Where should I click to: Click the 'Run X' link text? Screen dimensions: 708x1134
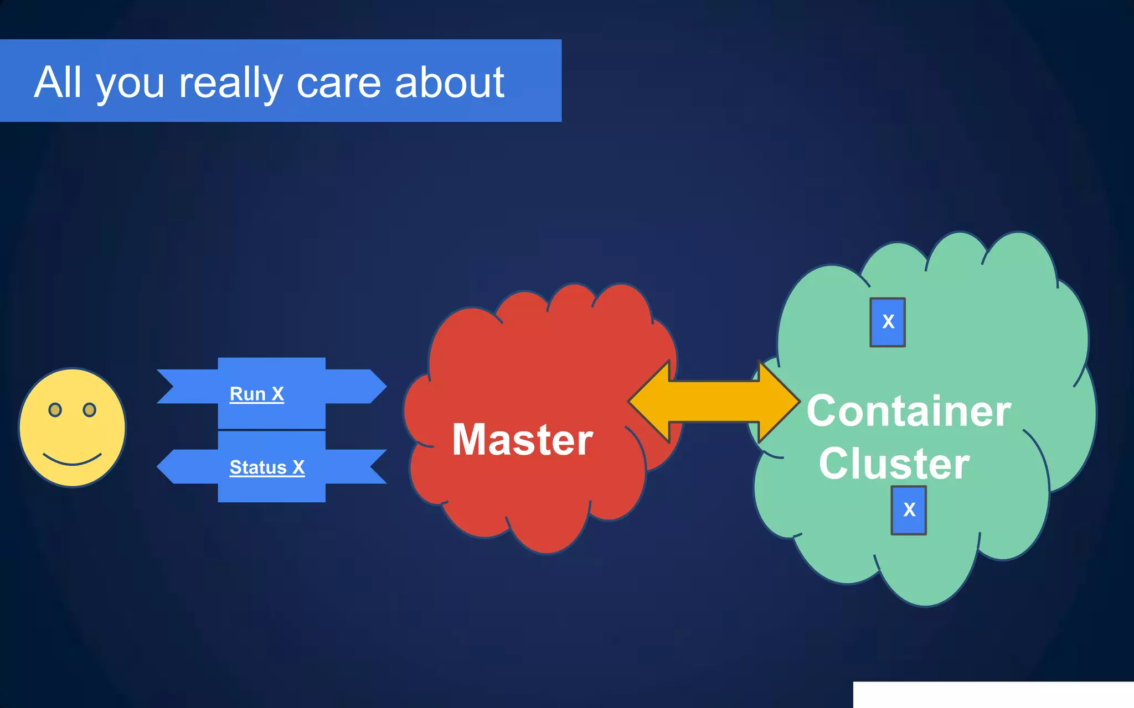point(257,394)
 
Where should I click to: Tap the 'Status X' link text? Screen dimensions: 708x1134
point(267,467)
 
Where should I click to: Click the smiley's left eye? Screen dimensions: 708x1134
point(55,410)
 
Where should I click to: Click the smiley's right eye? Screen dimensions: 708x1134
point(89,410)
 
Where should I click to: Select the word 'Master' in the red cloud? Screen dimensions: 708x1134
point(522,440)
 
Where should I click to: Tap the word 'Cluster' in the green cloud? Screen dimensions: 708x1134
point(894,464)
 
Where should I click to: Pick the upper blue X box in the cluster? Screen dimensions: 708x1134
point(888,322)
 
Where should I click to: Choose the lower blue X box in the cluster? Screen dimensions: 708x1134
point(909,510)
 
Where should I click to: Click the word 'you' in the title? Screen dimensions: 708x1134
point(131,84)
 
